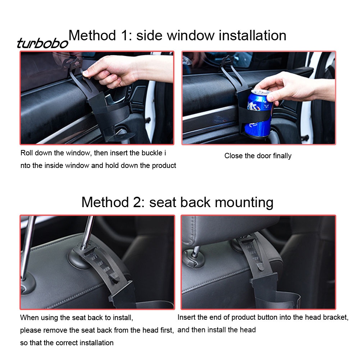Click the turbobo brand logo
pos(43,43)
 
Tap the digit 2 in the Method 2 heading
pos(138,202)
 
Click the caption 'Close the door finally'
pos(258,156)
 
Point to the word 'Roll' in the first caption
pos(26,153)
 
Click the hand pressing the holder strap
pos(124,70)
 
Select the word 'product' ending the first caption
pos(164,165)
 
